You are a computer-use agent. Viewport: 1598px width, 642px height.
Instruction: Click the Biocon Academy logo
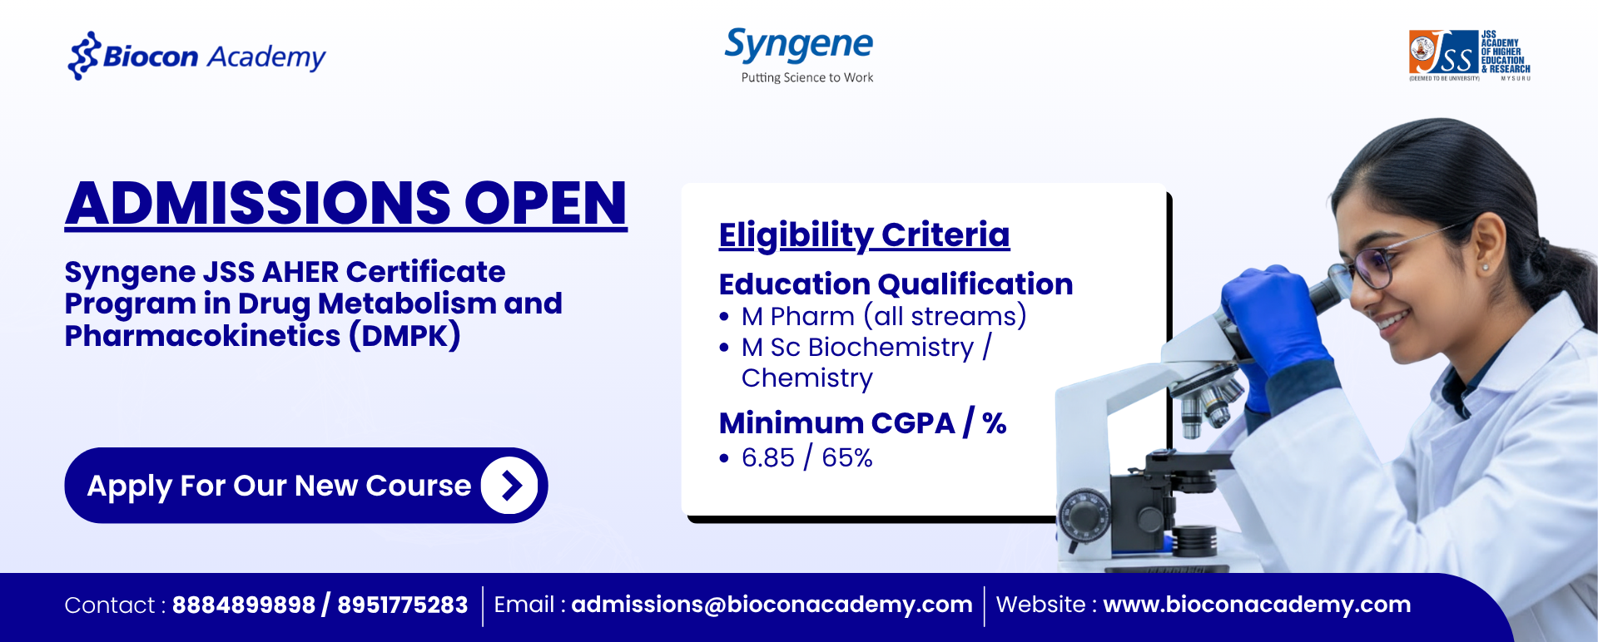(196, 56)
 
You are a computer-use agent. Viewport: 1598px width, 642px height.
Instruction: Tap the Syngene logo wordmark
(799, 46)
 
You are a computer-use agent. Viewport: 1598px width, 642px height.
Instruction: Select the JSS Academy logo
(1470, 56)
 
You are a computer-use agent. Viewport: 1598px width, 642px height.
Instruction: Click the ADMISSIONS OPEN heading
(346, 204)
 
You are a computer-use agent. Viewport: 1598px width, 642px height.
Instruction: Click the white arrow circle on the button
(509, 486)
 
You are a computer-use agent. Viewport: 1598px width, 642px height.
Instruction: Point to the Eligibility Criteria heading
(864, 235)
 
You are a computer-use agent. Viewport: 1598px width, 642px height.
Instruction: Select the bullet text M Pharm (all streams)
(884, 317)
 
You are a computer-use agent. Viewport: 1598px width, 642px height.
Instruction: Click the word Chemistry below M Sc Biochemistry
(807, 378)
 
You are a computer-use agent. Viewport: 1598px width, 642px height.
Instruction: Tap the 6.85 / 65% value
(806, 457)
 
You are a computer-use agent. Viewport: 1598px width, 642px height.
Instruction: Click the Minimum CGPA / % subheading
(863, 423)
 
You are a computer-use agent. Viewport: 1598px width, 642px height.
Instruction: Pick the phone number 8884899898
(244, 605)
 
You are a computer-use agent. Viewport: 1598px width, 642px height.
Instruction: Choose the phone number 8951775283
(403, 605)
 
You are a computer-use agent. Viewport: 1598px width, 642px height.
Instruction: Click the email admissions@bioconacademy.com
(772, 605)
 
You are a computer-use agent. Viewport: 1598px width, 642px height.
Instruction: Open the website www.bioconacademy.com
(1257, 605)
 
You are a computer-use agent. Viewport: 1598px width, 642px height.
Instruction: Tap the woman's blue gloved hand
(1273, 324)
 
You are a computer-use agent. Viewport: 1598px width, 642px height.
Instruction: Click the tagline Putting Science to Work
(807, 77)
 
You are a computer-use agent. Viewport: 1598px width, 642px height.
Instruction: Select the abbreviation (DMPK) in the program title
(404, 336)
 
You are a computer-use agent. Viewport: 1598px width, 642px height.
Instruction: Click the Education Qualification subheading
(896, 284)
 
